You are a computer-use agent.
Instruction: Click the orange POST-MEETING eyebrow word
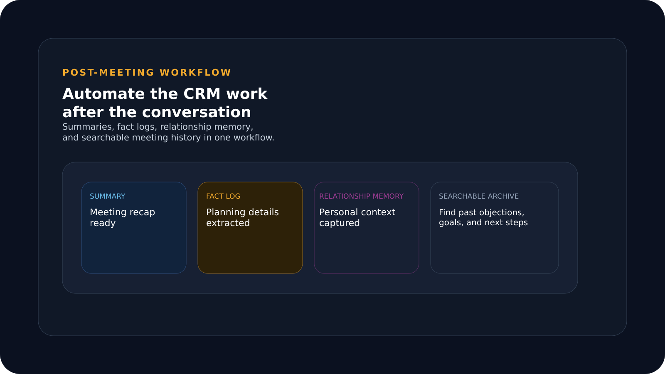tap(108, 73)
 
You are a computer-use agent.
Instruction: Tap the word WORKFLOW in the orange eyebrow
tap(195, 73)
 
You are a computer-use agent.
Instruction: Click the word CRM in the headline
tap(202, 94)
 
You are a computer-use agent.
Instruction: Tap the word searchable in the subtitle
tap(104, 138)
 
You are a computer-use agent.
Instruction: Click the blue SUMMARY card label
tap(107, 196)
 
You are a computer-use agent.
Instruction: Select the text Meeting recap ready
tap(122, 217)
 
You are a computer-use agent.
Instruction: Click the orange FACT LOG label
tap(223, 196)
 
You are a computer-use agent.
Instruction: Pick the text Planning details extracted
tap(242, 217)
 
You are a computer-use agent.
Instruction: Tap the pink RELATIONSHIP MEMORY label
tap(361, 196)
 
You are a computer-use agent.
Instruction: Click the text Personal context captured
tap(357, 217)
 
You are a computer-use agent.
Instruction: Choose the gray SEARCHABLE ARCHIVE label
tap(478, 196)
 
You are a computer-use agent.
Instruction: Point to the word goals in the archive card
tap(451, 223)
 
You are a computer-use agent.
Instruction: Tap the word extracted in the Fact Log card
tap(228, 223)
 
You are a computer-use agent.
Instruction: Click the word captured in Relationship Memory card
tap(339, 223)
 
